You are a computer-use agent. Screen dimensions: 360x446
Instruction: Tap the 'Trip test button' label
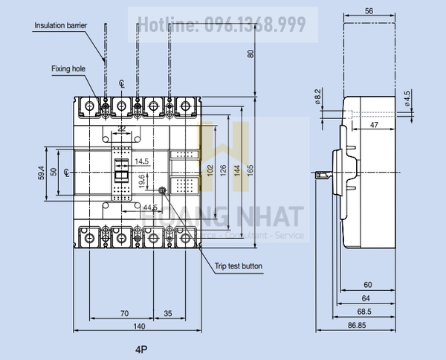pos(237,266)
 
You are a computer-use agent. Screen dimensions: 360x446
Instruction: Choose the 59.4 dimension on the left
pos(42,172)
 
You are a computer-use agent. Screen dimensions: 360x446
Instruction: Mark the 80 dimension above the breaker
pos(251,53)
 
